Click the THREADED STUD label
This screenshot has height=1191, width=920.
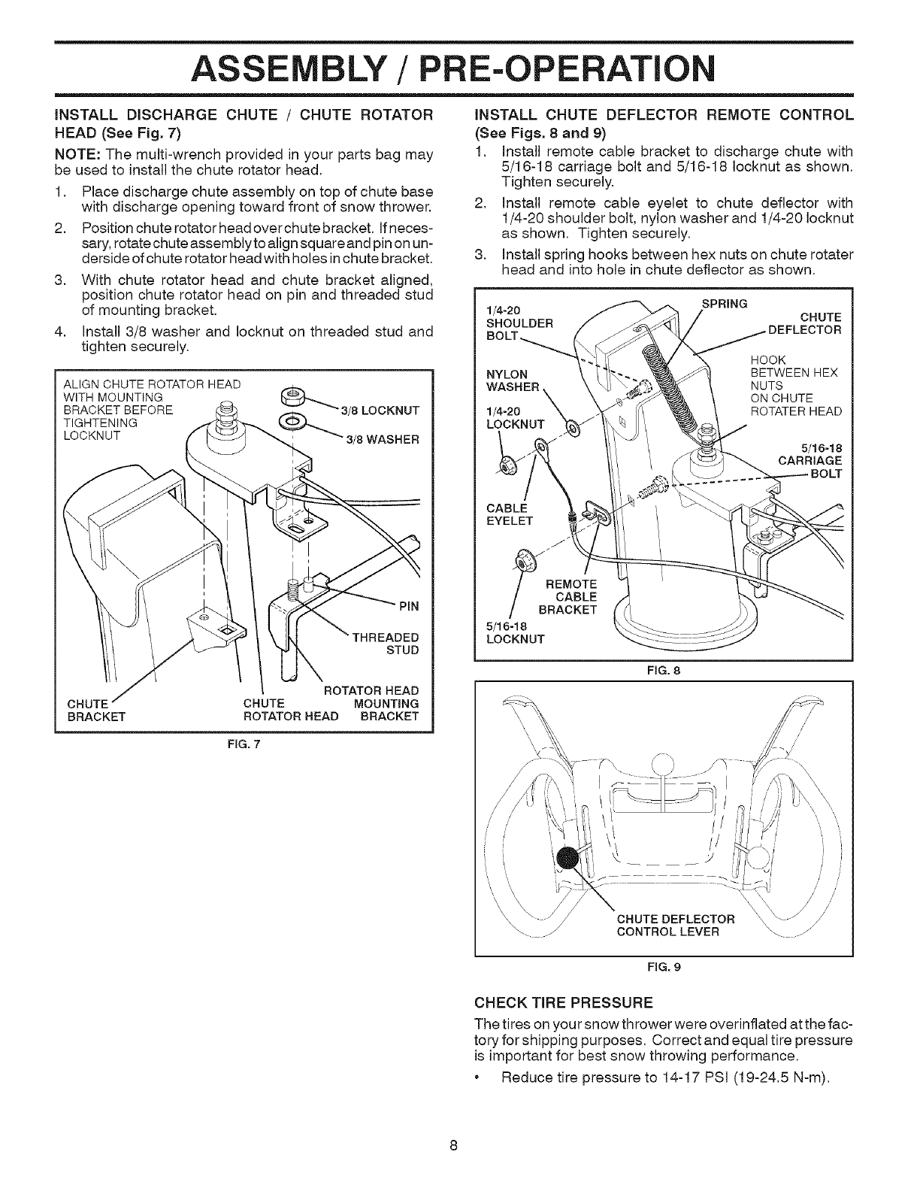[392, 643]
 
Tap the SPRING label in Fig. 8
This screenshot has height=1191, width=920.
[724, 304]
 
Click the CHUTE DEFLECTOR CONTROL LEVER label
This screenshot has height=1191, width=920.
[675, 926]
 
